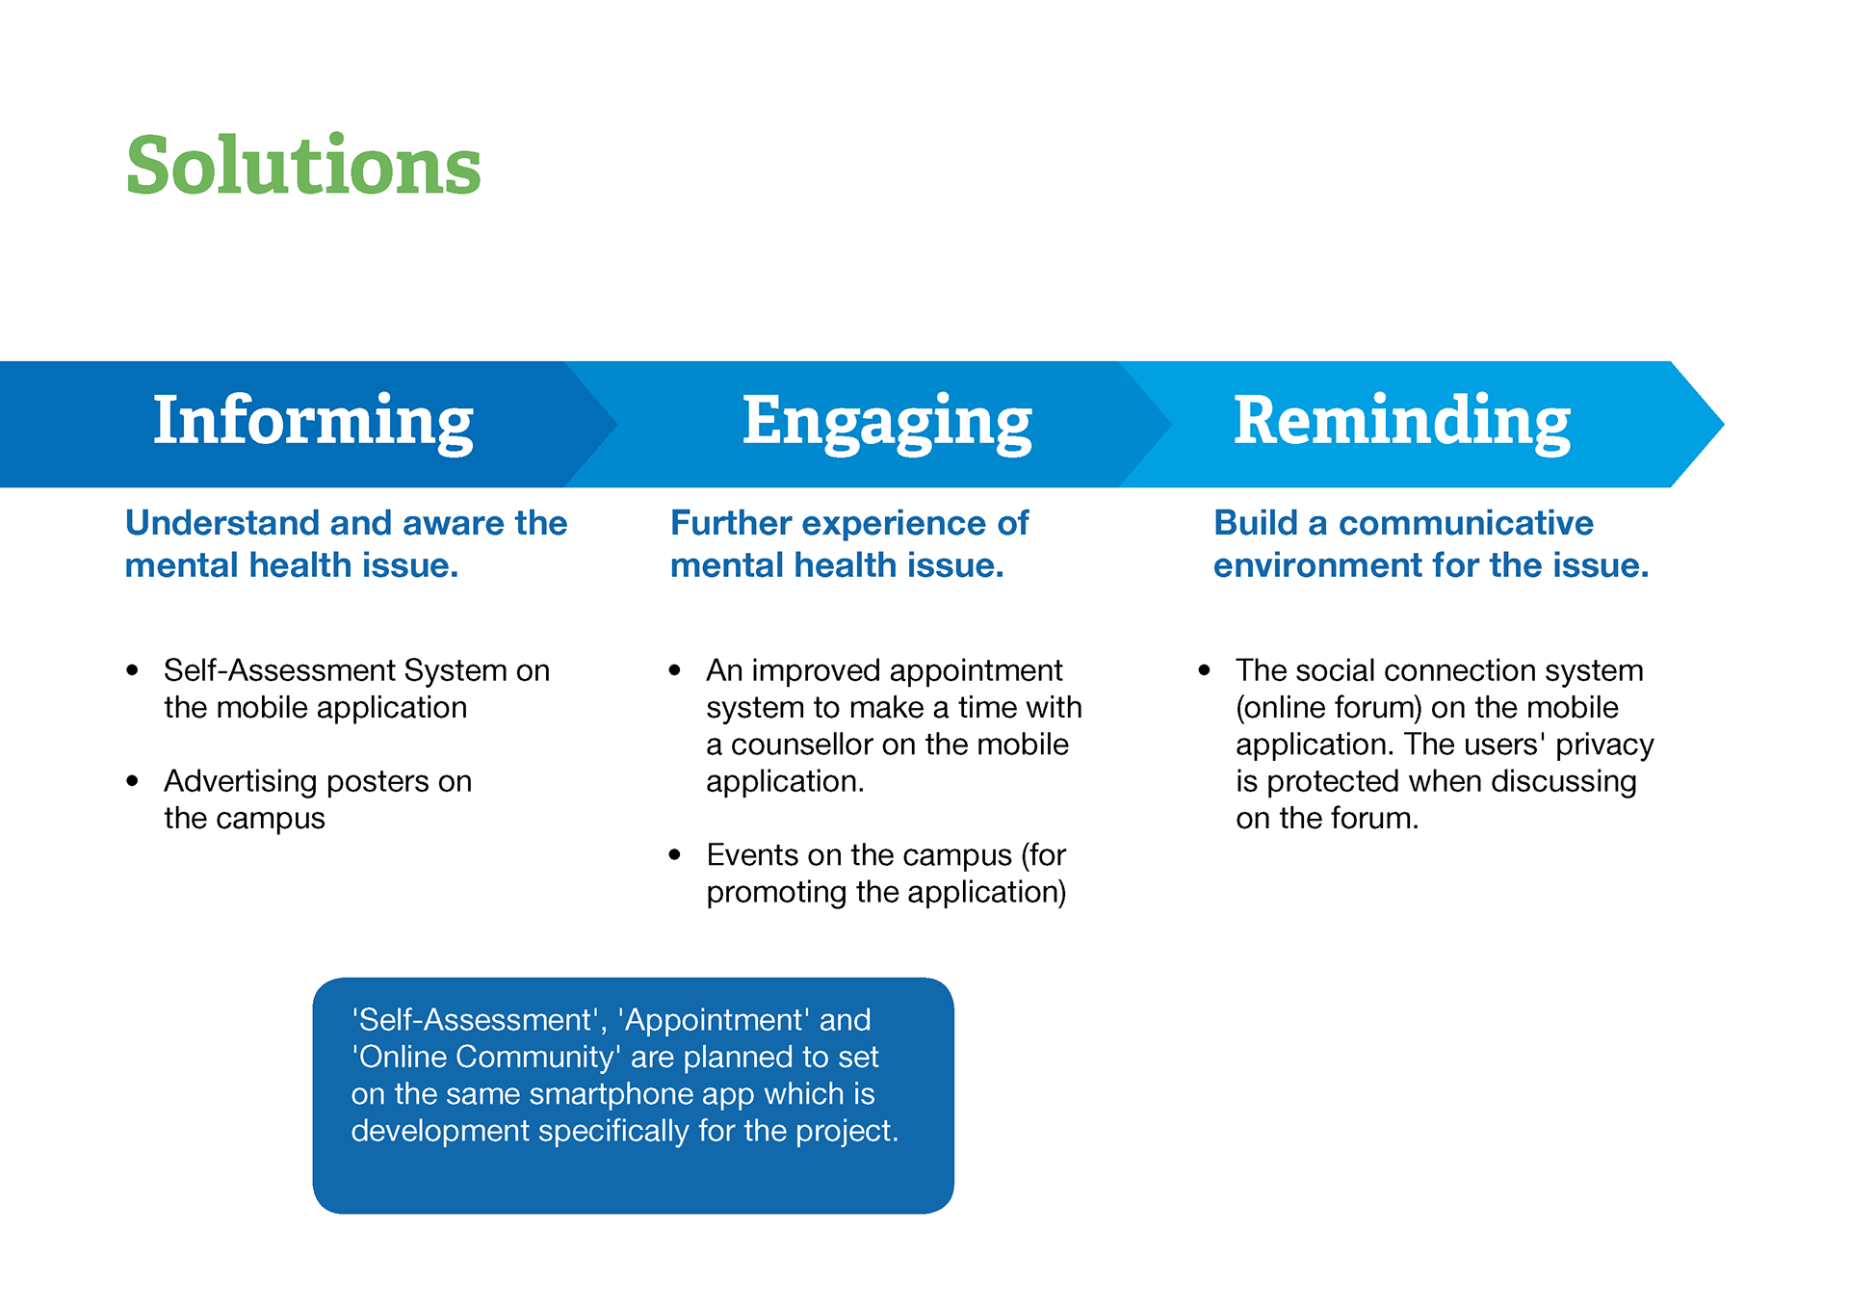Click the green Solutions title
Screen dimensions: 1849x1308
pyautogui.click(x=303, y=165)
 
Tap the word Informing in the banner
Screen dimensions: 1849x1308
pyautogui.click(x=313, y=421)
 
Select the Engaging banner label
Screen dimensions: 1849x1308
pyautogui.click(x=887, y=421)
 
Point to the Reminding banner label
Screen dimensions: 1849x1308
pyautogui.click(x=1402, y=421)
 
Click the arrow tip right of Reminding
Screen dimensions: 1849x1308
pyautogui.click(x=1723, y=424)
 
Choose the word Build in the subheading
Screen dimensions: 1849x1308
pyautogui.click(x=1256, y=523)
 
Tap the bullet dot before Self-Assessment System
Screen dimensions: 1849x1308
pyautogui.click(x=133, y=670)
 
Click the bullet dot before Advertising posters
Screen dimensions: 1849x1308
pyautogui.click(x=133, y=781)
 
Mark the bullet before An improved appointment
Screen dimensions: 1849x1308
pyautogui.click(x=675, y=670)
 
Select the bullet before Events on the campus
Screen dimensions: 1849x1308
pyautogui.click(x=675, y=854)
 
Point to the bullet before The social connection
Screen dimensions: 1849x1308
pyautogui.click(x=1205, y=670)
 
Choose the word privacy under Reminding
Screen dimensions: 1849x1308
pyautogui.click(x=1604, y=746)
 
